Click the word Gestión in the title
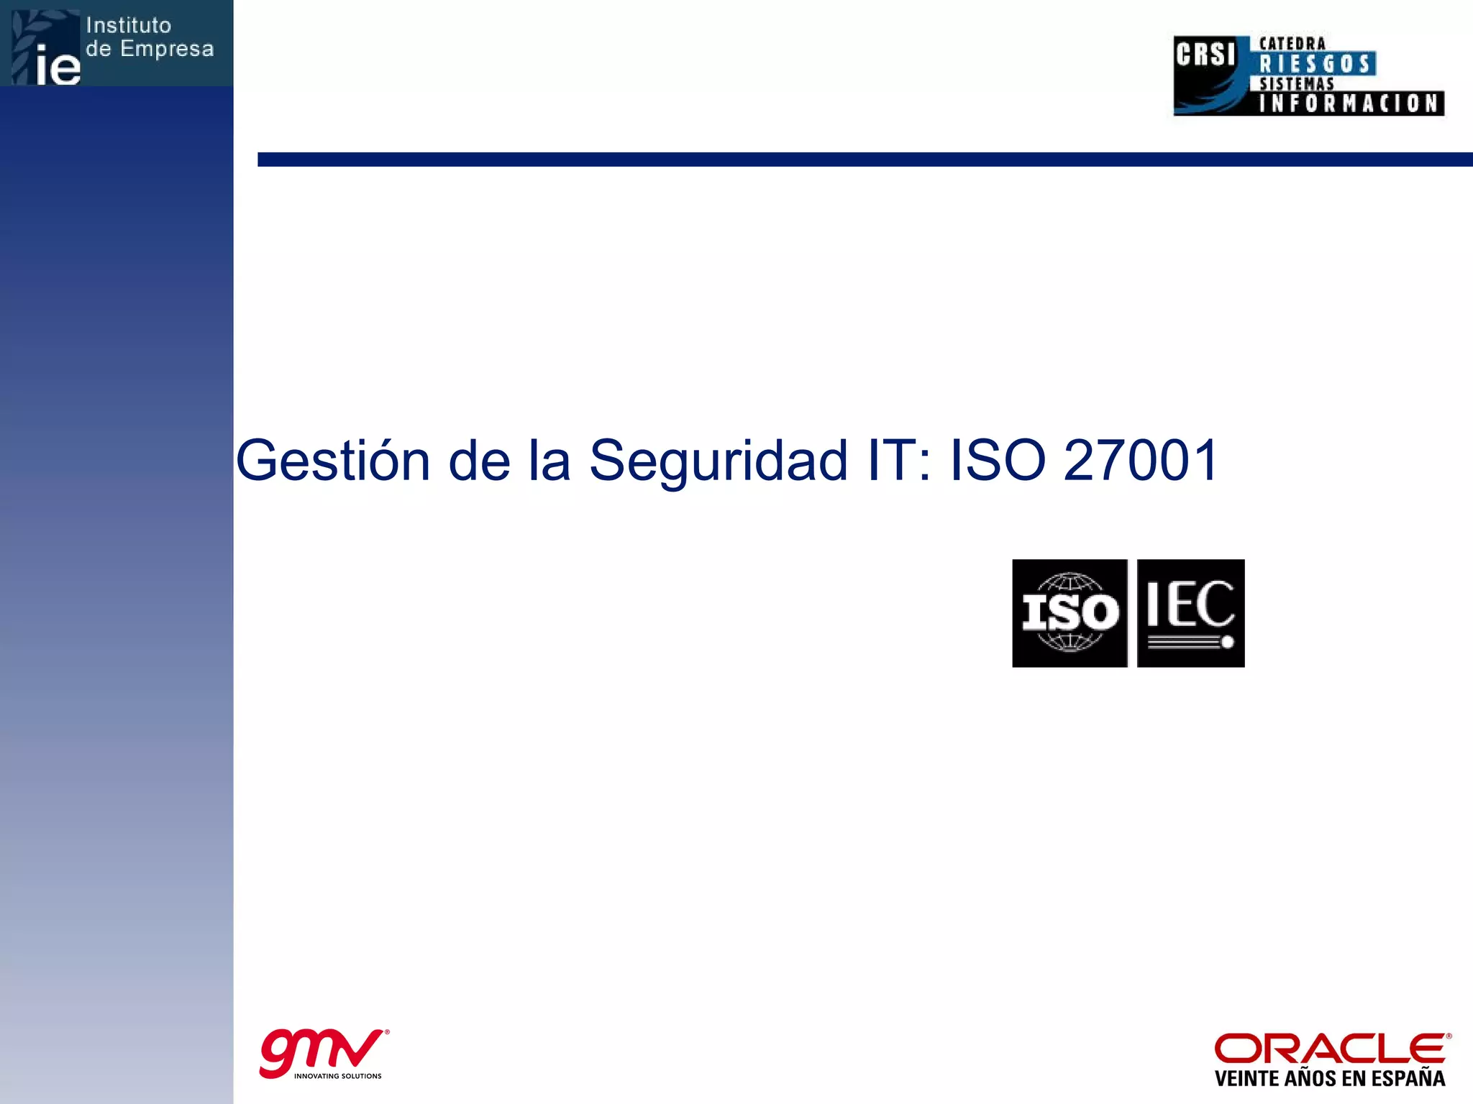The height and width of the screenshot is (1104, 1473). [333, 461]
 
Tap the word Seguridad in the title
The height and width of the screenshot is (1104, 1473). [719, 461]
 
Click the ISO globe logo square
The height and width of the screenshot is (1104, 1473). [1070, 613]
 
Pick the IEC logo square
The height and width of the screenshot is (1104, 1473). [1190, 613]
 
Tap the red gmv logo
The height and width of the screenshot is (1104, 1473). [321, 1051]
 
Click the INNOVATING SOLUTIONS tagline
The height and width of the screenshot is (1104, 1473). [338, 1076]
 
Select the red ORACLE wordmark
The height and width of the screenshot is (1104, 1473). [1331, 1049]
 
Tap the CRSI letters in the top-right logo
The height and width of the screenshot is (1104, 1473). [1205, 55]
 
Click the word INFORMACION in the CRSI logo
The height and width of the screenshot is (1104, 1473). [1349, 103]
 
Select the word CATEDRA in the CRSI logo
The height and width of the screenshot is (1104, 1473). [1292, 44]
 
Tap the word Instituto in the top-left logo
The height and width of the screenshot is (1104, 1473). [129, 26]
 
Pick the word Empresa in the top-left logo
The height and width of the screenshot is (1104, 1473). [167, 49]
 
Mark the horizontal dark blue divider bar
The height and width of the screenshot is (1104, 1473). [863, 160]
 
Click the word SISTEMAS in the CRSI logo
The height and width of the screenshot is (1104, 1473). [1296, 84]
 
